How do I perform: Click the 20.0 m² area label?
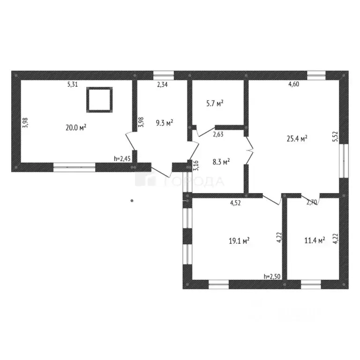76,127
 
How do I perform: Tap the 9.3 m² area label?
165,123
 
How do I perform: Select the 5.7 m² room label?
215,104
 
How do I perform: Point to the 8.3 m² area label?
221,162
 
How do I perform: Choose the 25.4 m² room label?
297,139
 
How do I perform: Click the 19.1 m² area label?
239,241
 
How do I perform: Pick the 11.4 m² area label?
315,240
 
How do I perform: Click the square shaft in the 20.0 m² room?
99,100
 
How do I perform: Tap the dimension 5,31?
73,84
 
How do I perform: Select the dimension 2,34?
162,84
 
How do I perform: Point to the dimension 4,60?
293,84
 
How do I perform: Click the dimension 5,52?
336,136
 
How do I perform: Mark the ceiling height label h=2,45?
122,158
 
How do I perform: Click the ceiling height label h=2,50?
272,277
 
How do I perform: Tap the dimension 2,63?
218,134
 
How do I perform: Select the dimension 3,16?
196,165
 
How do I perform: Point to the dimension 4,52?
235,202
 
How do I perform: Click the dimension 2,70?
312,202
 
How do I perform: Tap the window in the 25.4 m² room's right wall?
344,161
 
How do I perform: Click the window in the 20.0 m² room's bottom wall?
74,167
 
